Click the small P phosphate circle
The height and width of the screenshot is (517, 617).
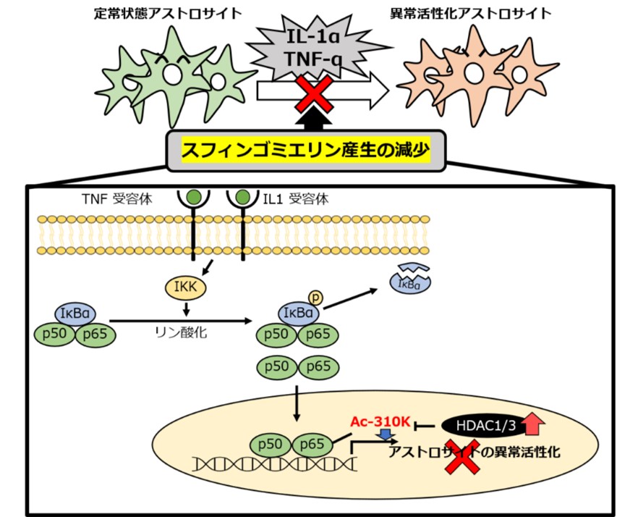316,296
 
